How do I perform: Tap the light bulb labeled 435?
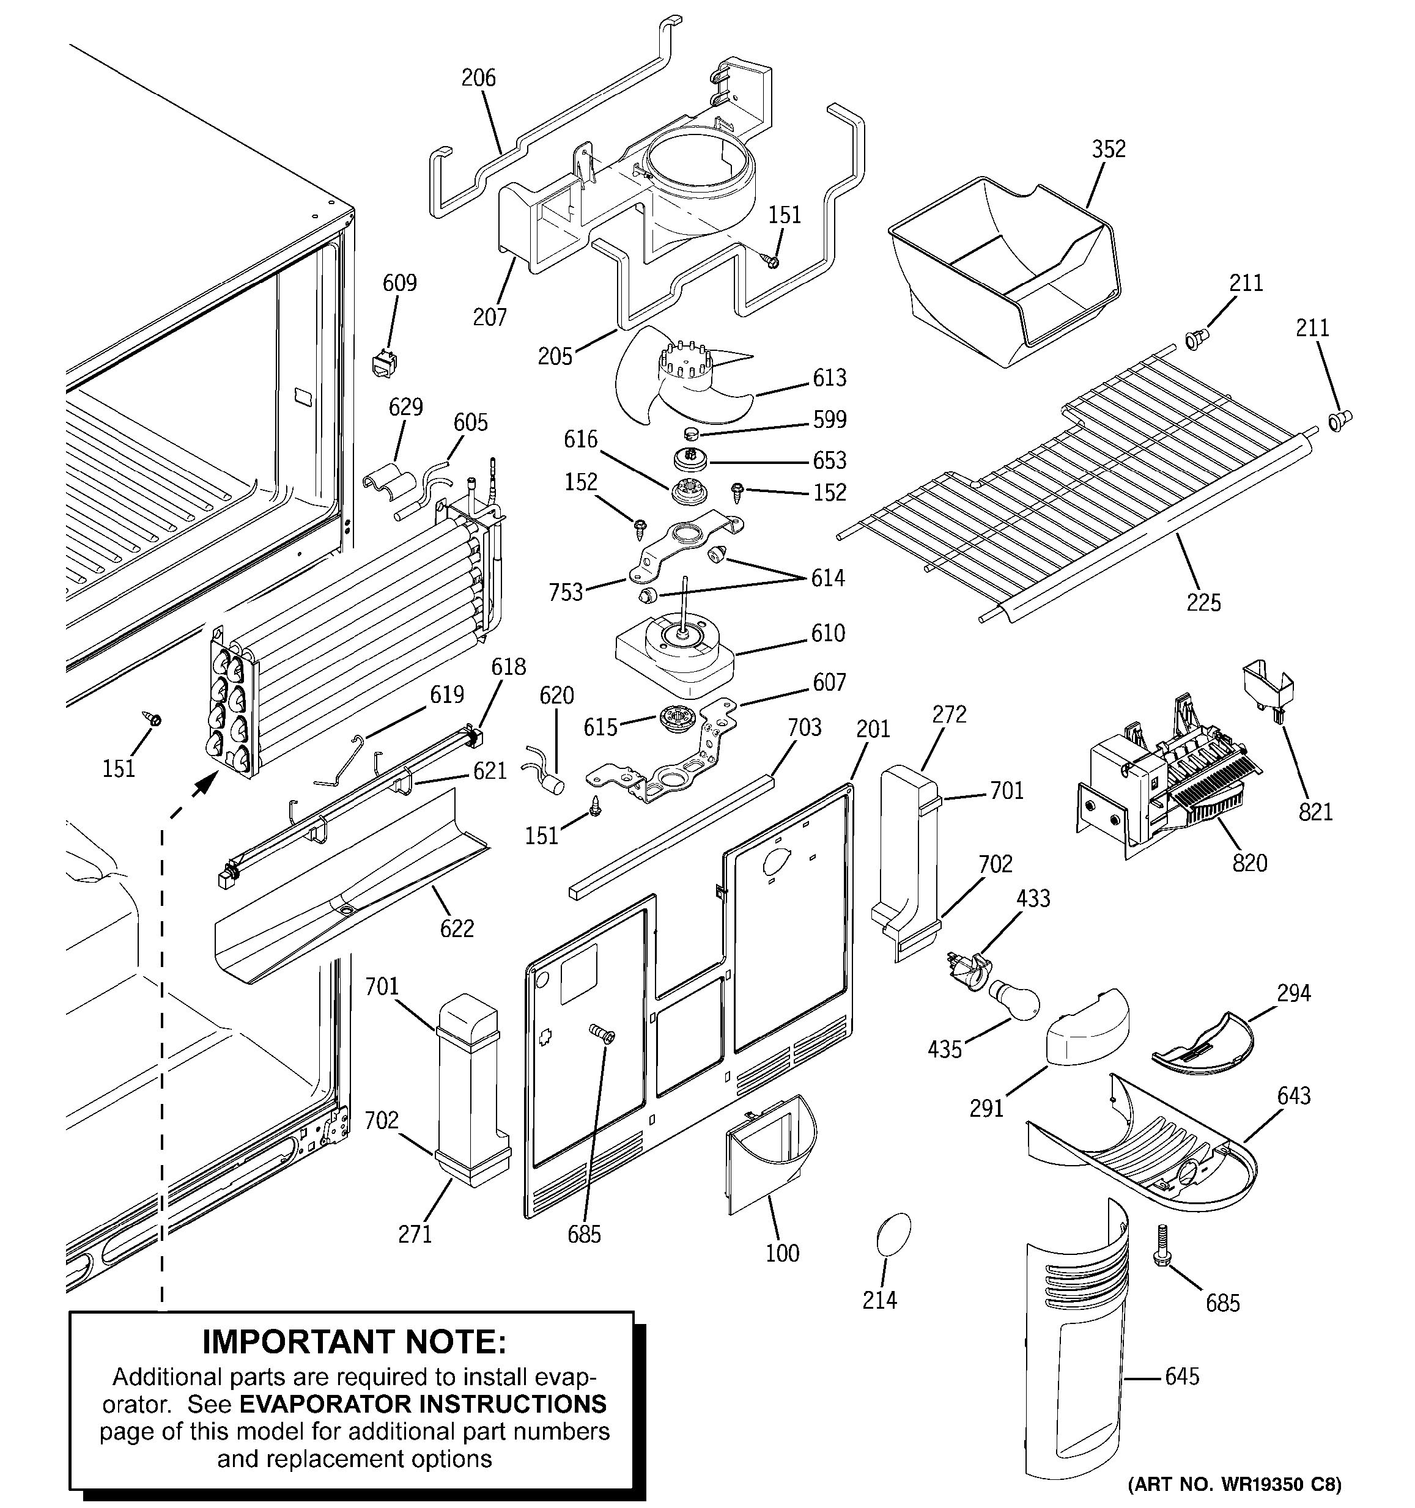pos(1012,1002)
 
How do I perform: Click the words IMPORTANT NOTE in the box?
pos(353,1342)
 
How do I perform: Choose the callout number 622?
pos(456,929)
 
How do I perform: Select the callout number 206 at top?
pos(479,78)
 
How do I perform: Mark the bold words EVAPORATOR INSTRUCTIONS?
pos(423,1404)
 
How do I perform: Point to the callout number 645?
pos(1182,1376)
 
